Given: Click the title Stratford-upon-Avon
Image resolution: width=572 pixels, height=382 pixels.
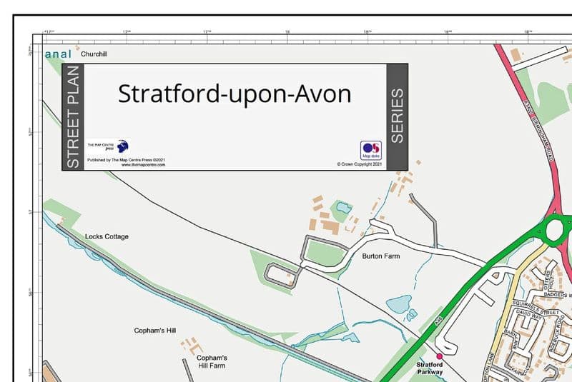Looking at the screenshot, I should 235,94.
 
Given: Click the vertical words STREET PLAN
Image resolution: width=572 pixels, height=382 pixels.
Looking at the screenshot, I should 73,117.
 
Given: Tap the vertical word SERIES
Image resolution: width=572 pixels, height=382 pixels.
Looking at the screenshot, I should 397,116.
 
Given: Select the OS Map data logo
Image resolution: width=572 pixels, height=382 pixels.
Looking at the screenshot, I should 370,150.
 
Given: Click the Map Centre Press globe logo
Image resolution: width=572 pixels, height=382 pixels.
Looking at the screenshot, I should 122,146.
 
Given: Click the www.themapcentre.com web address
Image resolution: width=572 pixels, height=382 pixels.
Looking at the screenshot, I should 143,165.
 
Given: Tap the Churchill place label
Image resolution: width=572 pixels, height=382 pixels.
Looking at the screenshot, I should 94,54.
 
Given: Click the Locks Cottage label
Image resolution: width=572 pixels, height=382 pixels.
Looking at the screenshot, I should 107,236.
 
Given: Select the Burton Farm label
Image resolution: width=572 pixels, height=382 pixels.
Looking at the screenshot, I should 380,256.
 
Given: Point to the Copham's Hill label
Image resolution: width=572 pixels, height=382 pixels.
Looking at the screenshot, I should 154,331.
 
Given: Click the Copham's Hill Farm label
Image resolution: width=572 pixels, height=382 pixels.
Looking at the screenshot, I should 212,361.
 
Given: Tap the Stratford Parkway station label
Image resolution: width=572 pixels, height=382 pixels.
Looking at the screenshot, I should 430,368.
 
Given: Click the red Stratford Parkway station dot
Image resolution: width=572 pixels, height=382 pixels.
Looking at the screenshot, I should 440,356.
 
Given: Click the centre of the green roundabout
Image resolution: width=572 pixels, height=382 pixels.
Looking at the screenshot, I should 556,229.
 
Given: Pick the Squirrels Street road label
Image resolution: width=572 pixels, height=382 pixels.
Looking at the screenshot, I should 530,307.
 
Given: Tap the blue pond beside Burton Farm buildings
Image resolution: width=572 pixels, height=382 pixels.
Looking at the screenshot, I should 342,208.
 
